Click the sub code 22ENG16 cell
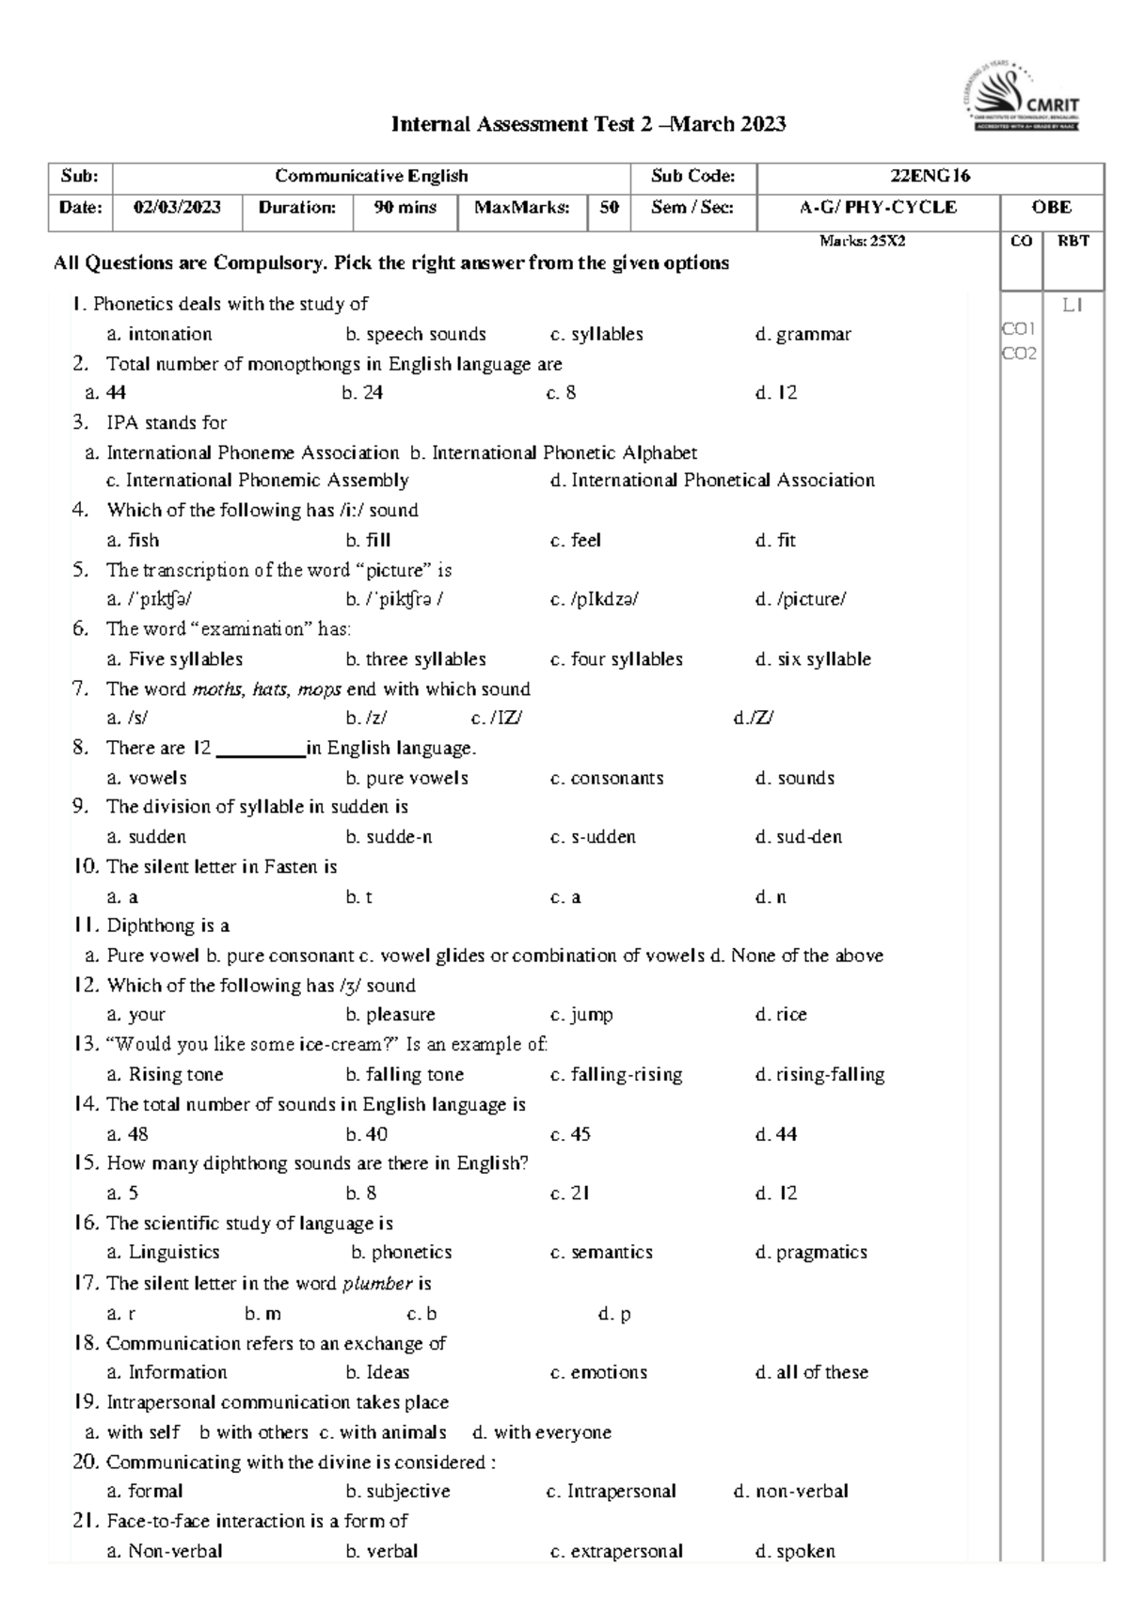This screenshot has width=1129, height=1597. tap(930, 176)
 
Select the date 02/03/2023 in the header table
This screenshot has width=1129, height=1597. tap(177, 208)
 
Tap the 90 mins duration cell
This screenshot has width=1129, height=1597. tap(405, 208)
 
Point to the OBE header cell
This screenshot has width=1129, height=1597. tap(1051, 208)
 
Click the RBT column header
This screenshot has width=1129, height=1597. tap(1073, 242)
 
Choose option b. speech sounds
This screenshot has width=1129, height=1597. tap(416, 334)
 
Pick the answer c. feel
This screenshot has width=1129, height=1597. tap(576, 541)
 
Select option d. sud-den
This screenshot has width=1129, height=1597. tap(799, 837)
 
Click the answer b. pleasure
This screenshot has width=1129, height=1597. tap(390, 1015)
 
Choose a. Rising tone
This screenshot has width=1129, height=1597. tap(165, 1074)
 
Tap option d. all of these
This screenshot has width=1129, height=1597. tap(811, 1372)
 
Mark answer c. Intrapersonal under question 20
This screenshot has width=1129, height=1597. tap(611, 1492)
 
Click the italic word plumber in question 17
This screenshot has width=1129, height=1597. tap(377, 1284)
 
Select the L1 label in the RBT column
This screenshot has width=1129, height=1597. tap(1073, 305)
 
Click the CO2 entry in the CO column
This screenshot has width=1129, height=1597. tap(1019, 354)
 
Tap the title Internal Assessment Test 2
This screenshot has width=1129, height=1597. tap(588, 124)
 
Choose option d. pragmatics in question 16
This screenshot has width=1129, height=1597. tap(811, 1253)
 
